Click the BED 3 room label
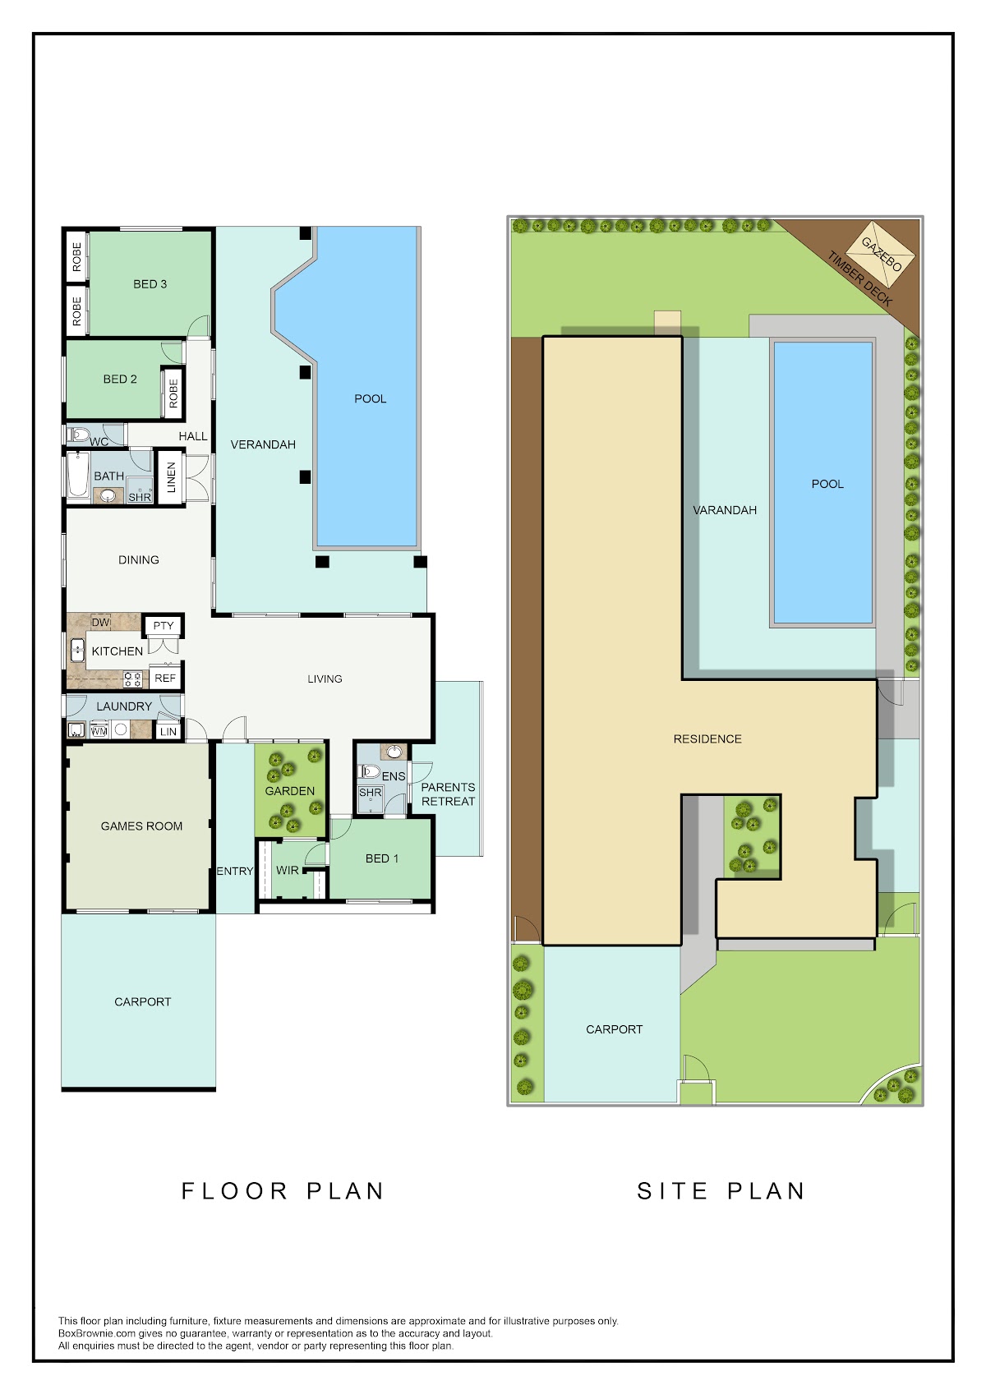[150, 283]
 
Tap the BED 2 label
[120, 379]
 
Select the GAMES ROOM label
[141, 826]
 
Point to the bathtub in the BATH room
[78, 474]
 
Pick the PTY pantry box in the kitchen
[163, 625]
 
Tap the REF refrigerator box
[165, 678]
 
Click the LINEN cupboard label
[171, 477]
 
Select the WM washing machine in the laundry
[99, 730]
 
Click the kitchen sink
[77, 651]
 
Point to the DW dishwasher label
[101, 622]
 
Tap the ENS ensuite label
[394, 776]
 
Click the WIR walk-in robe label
[288, 870]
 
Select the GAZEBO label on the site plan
[882, 255]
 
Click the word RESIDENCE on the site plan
[707, 738]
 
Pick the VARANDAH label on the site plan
[725, 509]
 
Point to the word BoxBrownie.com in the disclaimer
[97, 1333]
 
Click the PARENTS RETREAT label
[448, 794]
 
